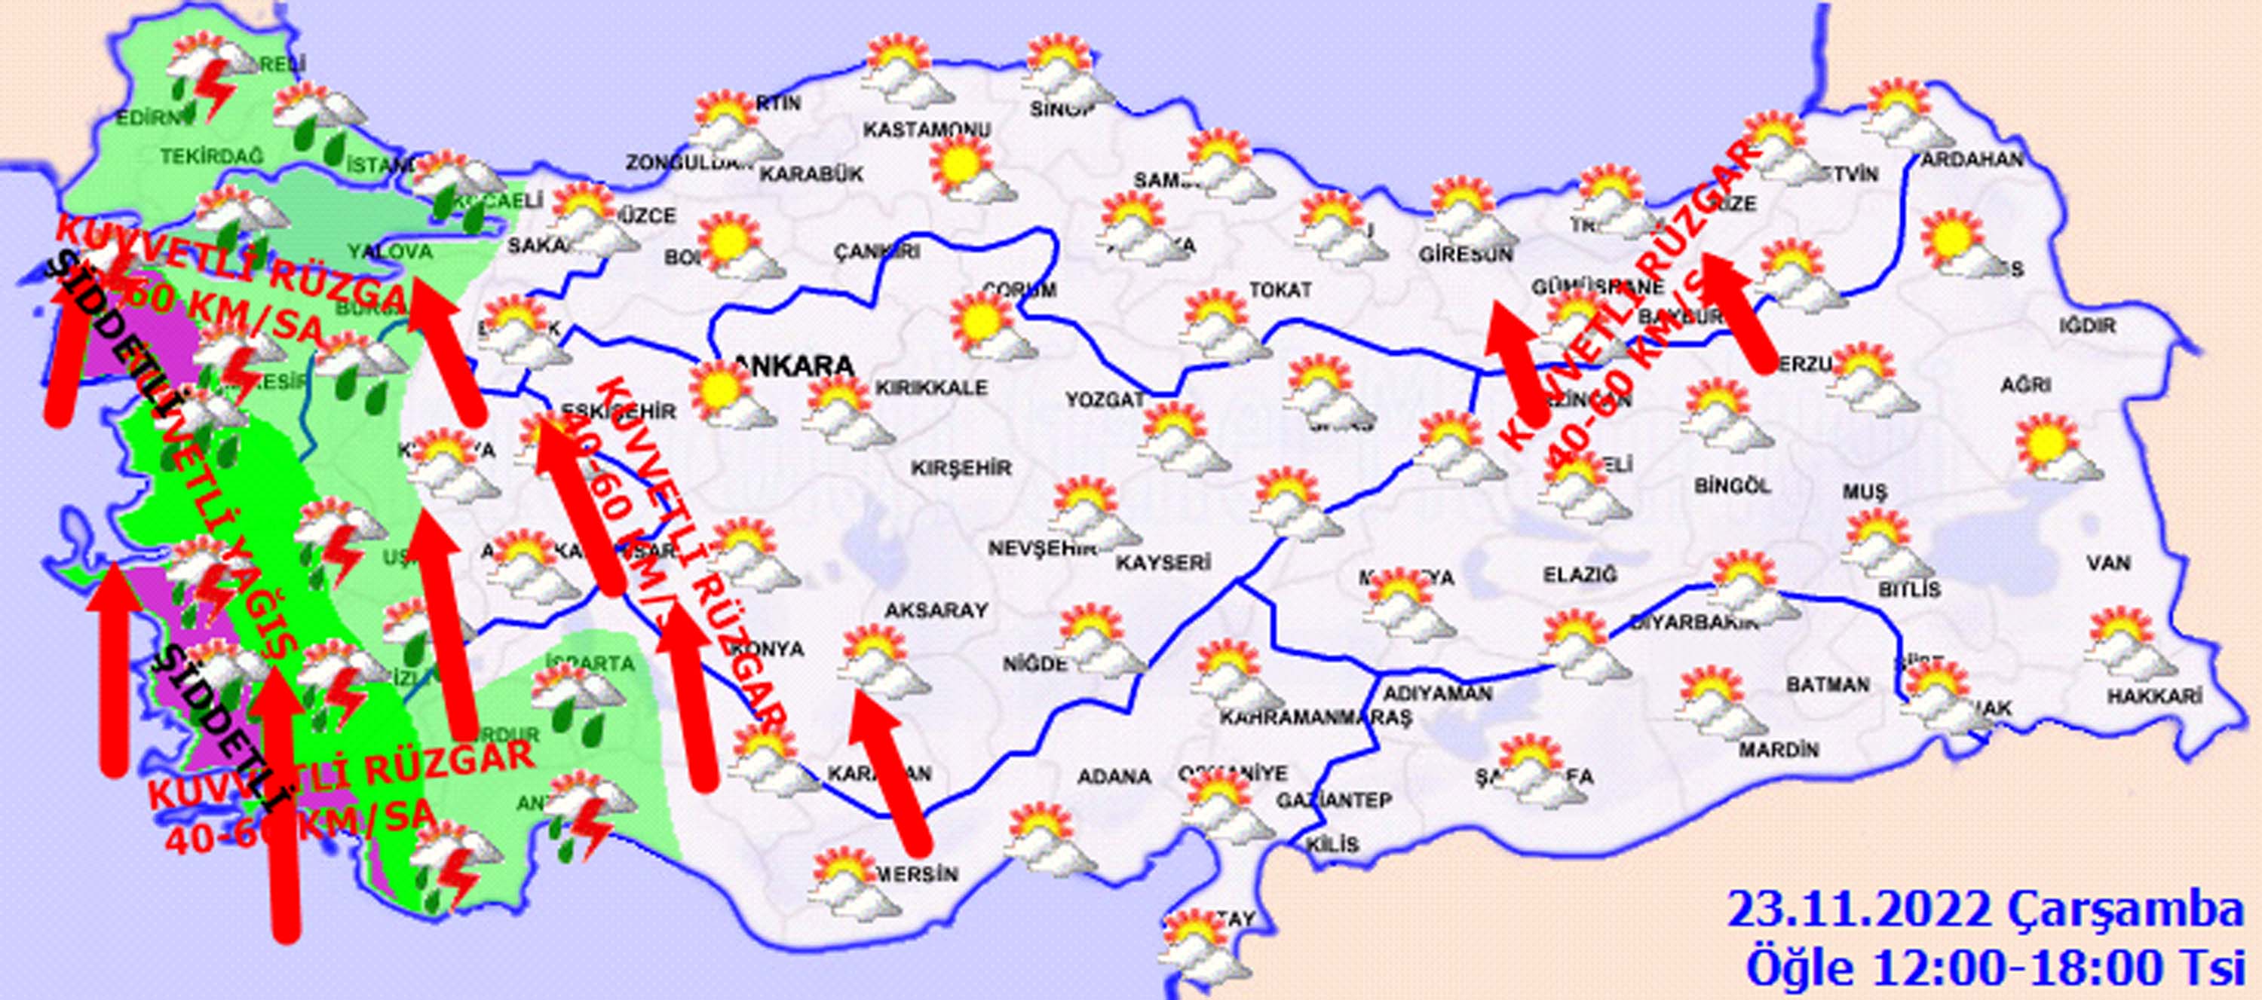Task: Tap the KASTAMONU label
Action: [x=927, y=130]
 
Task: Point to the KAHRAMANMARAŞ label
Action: [x=1314, y=717]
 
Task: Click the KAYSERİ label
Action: [x=1163, y=562]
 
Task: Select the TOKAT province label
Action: [x=1280, y=289]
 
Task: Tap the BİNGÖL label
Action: [x=1733, y=485]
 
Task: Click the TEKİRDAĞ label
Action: [x=212, y=156]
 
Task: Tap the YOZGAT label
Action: [x=1105, y=399]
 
